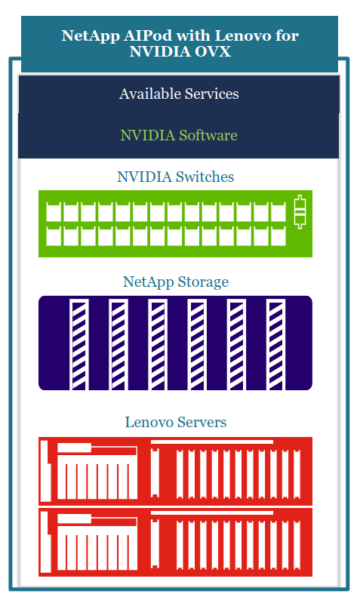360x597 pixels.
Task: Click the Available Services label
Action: point(179,94)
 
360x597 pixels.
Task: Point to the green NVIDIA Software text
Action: point(179,135)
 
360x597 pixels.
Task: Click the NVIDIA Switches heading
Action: point(175,177)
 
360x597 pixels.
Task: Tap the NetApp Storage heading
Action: point(175,282)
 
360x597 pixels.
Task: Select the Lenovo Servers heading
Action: point(175,422)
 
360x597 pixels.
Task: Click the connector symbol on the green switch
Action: point(300,211)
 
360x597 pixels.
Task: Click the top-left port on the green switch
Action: point(54,212)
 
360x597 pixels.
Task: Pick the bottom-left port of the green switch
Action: point(54,236)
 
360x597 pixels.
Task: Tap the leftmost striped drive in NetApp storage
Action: point(79,345)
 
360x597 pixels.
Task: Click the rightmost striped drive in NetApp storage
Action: point(276,345)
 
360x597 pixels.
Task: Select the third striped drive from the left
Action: point(158,345)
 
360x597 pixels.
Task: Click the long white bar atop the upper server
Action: point(212,442)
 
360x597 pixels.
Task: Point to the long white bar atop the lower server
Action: point(212,513)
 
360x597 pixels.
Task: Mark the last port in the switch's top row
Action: point(278,212)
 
